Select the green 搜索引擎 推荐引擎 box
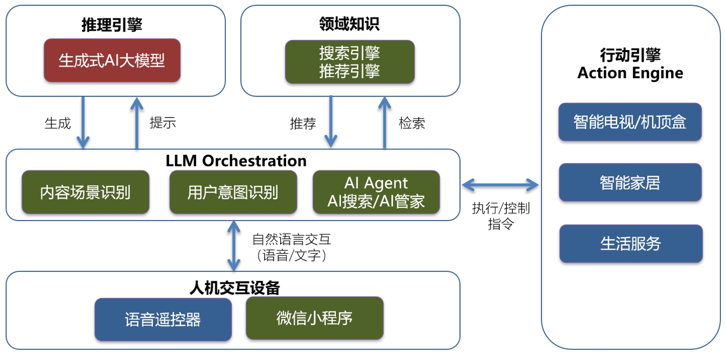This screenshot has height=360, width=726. coord(349,62)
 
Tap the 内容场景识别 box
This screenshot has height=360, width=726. coord(85,192)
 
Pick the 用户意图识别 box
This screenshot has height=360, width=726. coord(233,192)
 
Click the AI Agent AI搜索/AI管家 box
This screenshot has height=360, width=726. coord(376,192)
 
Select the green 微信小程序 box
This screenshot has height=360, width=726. coord(314,318)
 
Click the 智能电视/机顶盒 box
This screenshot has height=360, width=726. coord(630,122)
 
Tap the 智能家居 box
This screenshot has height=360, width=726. coord(630,182)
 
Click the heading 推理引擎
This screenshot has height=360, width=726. coord(111,25)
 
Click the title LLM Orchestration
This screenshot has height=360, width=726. coord(236,161)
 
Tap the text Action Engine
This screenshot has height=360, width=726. coord(630,73)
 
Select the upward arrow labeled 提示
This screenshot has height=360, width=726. coord(137,123)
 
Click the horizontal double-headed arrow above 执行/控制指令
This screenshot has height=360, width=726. coord(500,185)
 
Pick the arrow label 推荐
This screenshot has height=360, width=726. coord(303,124)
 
